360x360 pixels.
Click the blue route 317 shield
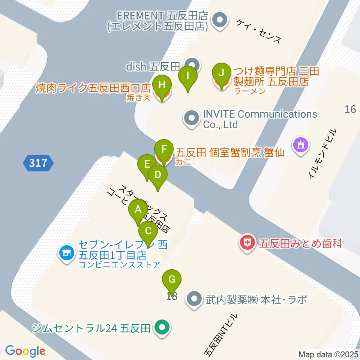[38, 163]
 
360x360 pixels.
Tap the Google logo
[25, 351]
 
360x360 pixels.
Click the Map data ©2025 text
[328, 354]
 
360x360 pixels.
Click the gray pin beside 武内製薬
[194, 299]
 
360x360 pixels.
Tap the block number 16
[350, 109]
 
